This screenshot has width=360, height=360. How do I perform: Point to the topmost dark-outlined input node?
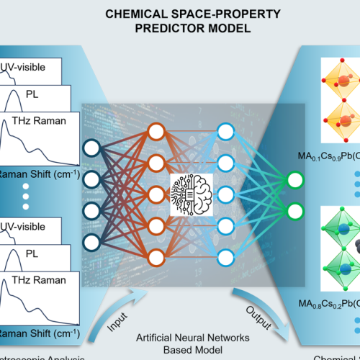[x=91, y=148]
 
